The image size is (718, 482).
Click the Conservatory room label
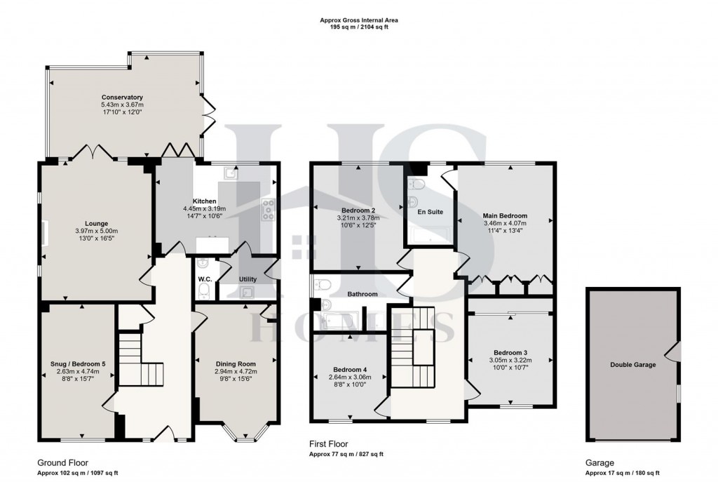[122, 97]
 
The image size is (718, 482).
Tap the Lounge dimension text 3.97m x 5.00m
[96, 232]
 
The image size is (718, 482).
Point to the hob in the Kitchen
[267, 208]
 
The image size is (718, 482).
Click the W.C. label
[205, 279]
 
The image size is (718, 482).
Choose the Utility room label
[248, 279]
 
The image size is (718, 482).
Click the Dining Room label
[236, 363]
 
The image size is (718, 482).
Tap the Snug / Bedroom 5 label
[77, 363]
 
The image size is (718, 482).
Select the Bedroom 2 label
[358, 210]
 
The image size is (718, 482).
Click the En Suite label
[431, 211]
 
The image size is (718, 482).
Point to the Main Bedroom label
[504, 215]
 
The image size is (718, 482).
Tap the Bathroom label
[363, 294]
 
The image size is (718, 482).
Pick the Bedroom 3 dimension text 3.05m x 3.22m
[510, 360]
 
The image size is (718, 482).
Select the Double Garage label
[632, 365]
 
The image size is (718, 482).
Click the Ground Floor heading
[60, 463]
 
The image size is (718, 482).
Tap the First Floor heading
[329, 444]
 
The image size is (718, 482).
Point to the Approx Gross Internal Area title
[358, 22]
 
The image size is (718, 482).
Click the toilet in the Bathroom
[323, 285]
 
